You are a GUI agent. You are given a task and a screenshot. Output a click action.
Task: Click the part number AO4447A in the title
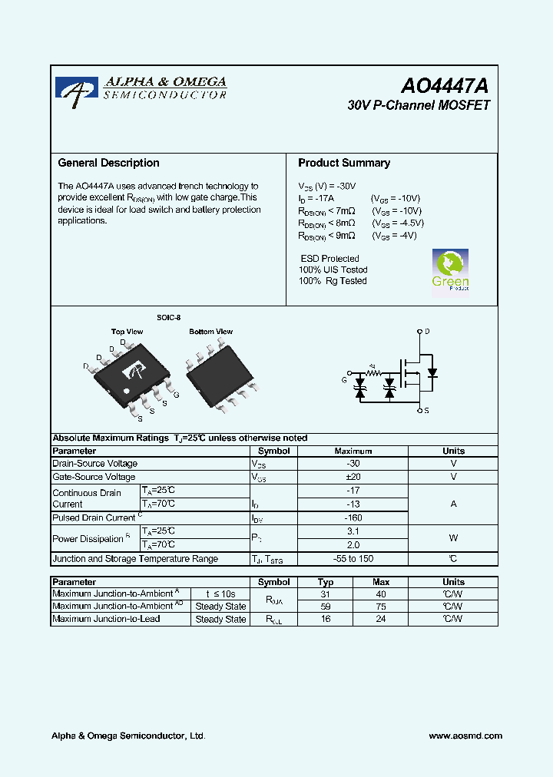445,86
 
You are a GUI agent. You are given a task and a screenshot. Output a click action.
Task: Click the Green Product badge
450,270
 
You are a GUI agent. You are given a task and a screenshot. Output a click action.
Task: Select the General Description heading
108,163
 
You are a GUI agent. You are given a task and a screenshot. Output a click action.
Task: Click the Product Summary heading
343,163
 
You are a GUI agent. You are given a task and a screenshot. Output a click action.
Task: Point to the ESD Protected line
329,259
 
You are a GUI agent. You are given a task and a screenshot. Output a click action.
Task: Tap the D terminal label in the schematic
427,332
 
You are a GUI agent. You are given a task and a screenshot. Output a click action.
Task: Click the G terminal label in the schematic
344,380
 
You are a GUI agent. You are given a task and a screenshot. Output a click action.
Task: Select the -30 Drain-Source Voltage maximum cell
353,464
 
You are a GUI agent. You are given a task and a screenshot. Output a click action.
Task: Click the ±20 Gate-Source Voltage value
353,477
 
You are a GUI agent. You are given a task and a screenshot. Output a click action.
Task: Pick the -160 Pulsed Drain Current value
353,517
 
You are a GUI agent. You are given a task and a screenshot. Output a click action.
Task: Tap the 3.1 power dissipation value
353,531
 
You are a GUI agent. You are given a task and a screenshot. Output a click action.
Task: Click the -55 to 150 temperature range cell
353,559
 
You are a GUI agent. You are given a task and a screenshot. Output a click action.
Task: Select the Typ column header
326,582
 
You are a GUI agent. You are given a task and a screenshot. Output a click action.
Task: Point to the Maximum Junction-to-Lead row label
106,619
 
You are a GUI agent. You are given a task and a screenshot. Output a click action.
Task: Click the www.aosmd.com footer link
465,736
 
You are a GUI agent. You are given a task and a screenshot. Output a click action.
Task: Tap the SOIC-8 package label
169,317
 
